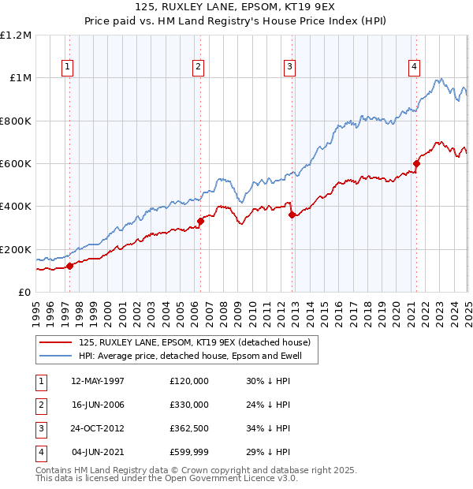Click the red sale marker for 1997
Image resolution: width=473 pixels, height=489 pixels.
(69, 266)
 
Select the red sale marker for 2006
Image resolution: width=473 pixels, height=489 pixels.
(200, 221)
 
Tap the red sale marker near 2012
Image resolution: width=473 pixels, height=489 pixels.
(292, 215)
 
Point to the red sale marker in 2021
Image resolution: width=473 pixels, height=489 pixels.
(416, 163)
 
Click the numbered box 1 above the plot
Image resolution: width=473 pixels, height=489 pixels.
(68, 67)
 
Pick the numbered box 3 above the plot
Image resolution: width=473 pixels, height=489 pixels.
(290, 67)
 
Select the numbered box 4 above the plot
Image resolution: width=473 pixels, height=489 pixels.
(414, 67)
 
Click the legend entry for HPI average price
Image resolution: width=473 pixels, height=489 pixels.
(197, 356)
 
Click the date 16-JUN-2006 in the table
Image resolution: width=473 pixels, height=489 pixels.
(98, 405)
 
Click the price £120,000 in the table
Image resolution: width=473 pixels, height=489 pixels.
(189, 381)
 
